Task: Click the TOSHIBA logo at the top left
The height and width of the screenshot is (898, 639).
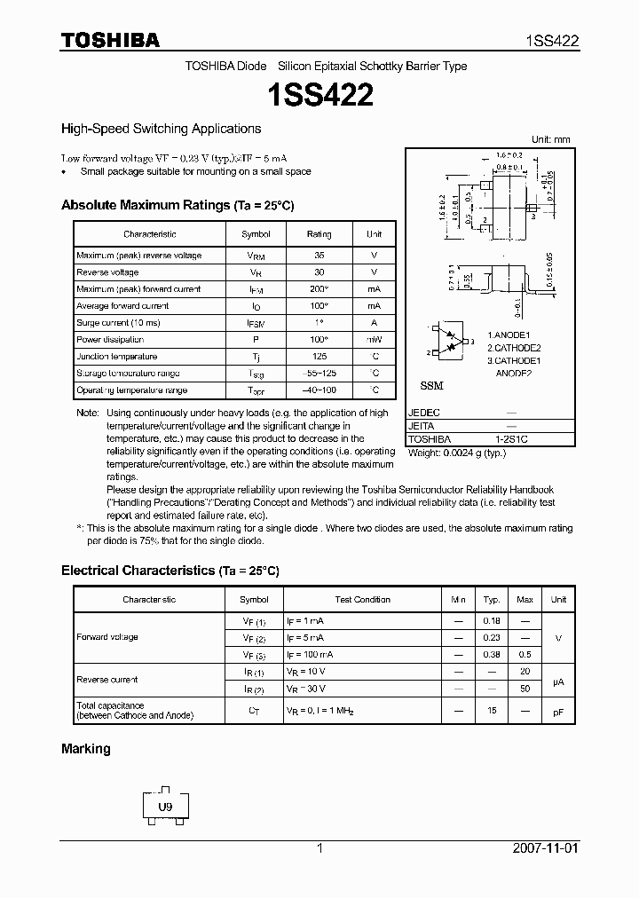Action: [x=110, y=40]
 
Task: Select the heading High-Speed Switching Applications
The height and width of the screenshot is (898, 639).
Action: [x=161, y=129]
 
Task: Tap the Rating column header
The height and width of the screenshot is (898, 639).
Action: [x=319, y=234]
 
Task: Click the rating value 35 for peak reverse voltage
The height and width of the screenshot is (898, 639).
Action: [x=319, y=256]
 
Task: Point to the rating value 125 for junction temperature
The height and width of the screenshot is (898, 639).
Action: [x=319, y=357]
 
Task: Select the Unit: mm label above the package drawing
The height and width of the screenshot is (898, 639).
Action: [x=551, y=139]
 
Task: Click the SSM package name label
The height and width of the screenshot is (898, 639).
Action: [x=430, y=387]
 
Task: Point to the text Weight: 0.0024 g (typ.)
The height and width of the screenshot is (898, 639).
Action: [x=456, y=453]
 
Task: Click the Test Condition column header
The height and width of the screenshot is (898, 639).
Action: [x=362, y=600]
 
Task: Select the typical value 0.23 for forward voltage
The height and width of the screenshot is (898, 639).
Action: [x=493, y=638]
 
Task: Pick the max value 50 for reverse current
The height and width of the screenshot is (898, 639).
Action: [x=525, y=689]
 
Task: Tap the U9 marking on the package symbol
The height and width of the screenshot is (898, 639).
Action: [x=165, y=807]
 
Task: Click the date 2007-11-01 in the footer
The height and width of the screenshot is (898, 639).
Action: [x=545, y=848]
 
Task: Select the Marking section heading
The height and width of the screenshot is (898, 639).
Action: [x=86, y=749]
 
